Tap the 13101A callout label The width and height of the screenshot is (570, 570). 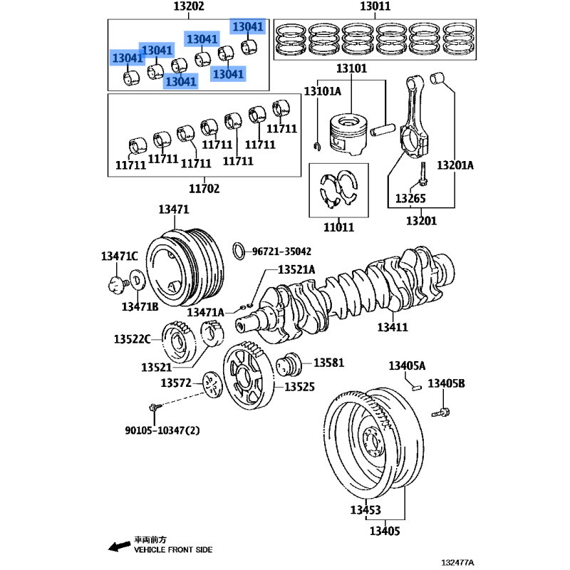[x=323, y=91]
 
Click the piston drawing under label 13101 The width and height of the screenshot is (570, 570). [x=347, y=133]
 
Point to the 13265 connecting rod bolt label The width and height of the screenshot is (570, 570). [x=411, y=197]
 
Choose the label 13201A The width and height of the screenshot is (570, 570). [x=455, y=165]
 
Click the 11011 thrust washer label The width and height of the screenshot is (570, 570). [x=338, y=228]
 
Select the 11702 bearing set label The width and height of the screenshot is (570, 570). [x=204, y=189]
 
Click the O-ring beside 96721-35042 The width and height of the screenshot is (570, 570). [x=241, y=251]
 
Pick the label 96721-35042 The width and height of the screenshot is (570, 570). [x=282, y=252]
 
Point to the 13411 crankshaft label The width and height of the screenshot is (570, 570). [x=392, y=327]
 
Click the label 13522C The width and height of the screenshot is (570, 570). [x=133, y=338]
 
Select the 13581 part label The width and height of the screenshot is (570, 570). [x=328, y=363]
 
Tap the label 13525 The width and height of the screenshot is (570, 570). [x=300, y=387]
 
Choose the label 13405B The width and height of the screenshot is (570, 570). [x=446, y=384]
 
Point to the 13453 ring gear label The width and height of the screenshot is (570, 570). [x=365, y=510]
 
